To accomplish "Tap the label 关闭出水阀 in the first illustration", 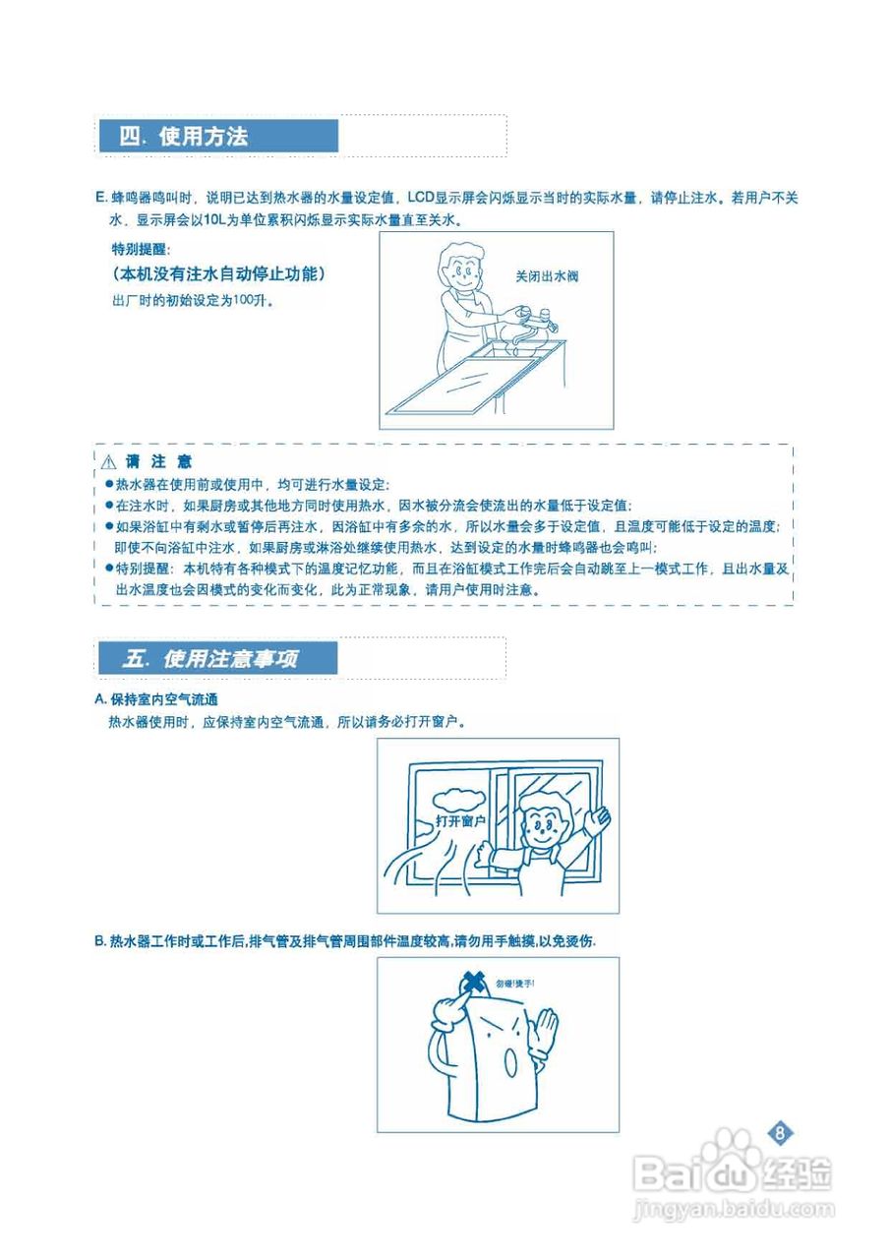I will [547, 276].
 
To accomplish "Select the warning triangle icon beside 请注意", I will [108, 461].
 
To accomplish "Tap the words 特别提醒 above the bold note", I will [140, 249].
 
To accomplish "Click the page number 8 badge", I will [779, 1132].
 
